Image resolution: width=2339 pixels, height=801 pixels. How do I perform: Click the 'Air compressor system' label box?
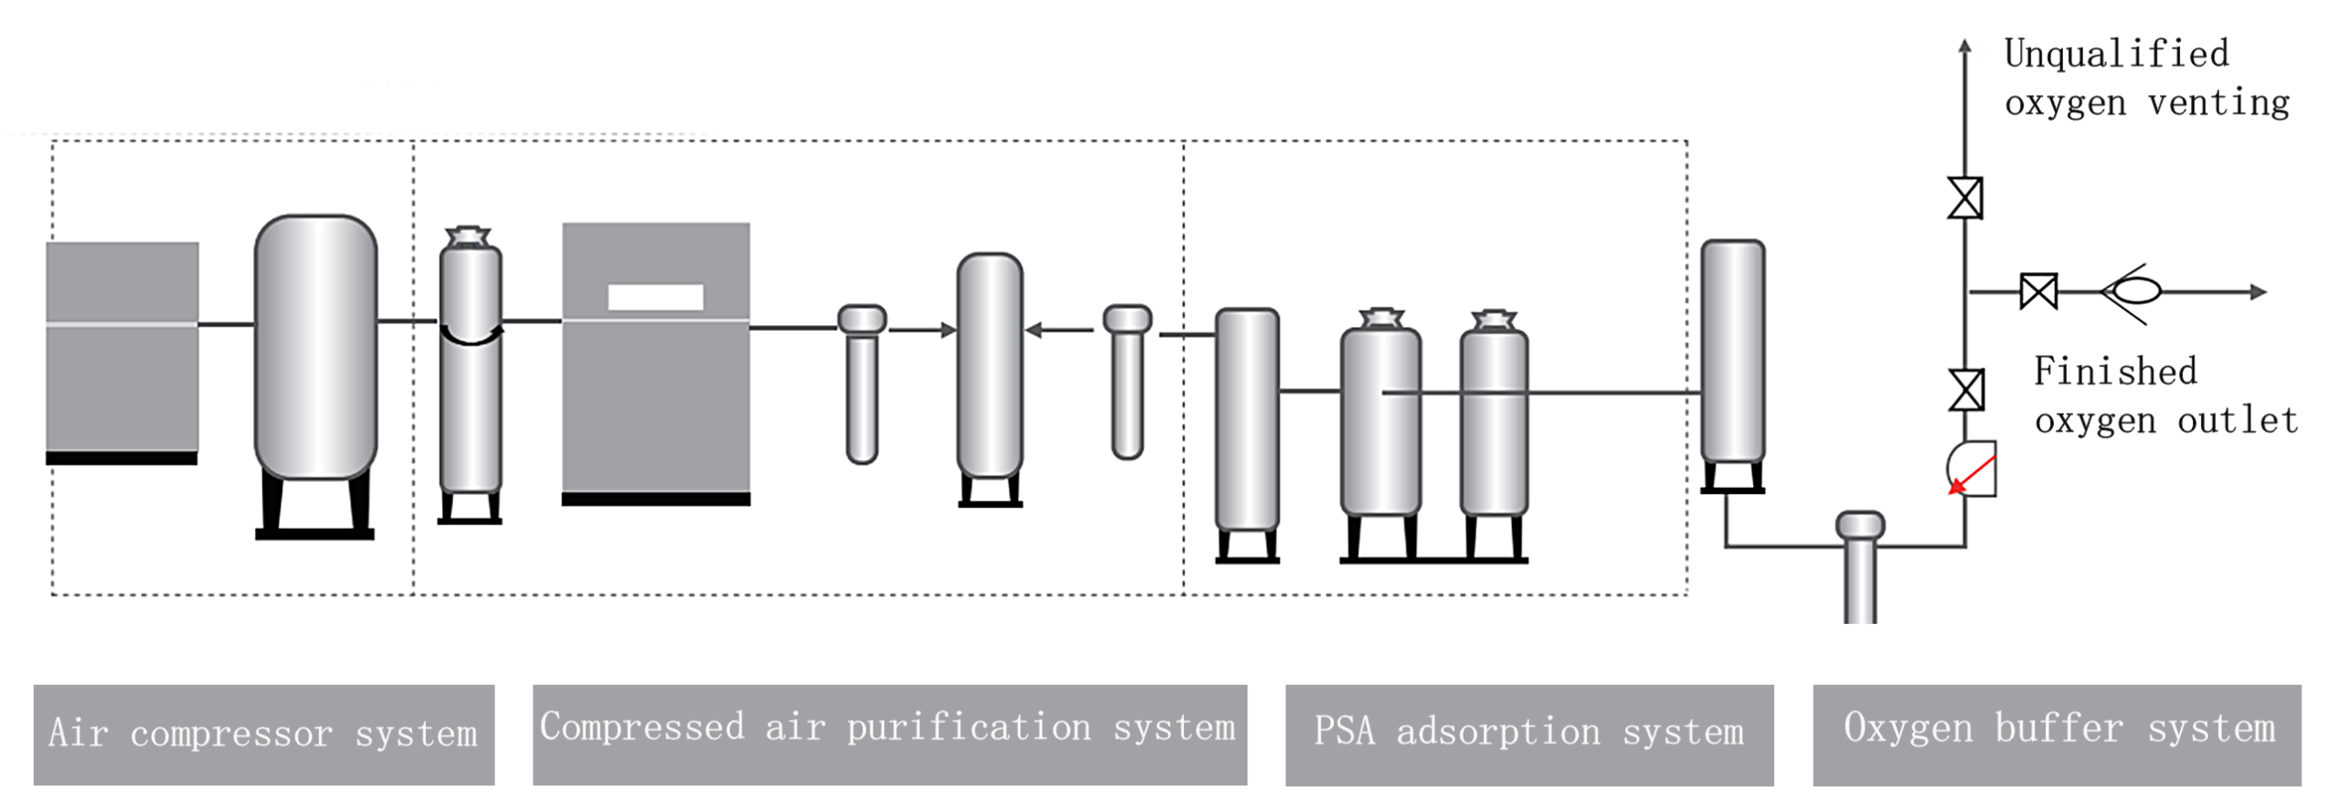click(263, 734)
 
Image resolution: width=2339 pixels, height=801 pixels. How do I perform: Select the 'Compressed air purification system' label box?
click(889, 734)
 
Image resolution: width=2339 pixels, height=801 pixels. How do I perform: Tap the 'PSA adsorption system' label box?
click(1529, 734)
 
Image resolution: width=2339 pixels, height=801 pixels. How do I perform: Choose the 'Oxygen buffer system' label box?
click(2057, 734)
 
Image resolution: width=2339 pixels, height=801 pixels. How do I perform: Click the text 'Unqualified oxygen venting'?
click(2145, 79)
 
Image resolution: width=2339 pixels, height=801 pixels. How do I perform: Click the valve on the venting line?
click(1964, 198)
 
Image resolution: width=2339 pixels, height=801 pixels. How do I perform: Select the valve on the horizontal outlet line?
click(2038, 292)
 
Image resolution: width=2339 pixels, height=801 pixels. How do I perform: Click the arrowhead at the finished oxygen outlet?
click(2258, 292)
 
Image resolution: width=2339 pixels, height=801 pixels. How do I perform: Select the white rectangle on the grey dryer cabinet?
click(655, 297)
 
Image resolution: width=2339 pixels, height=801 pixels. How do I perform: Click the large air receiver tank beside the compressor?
click(315, 347)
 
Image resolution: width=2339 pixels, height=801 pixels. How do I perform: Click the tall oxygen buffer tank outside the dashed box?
click(1732, 352)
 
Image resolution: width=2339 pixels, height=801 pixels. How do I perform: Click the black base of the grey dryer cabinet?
click(655, 499)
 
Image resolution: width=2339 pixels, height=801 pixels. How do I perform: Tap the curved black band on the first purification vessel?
click(471, 337)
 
